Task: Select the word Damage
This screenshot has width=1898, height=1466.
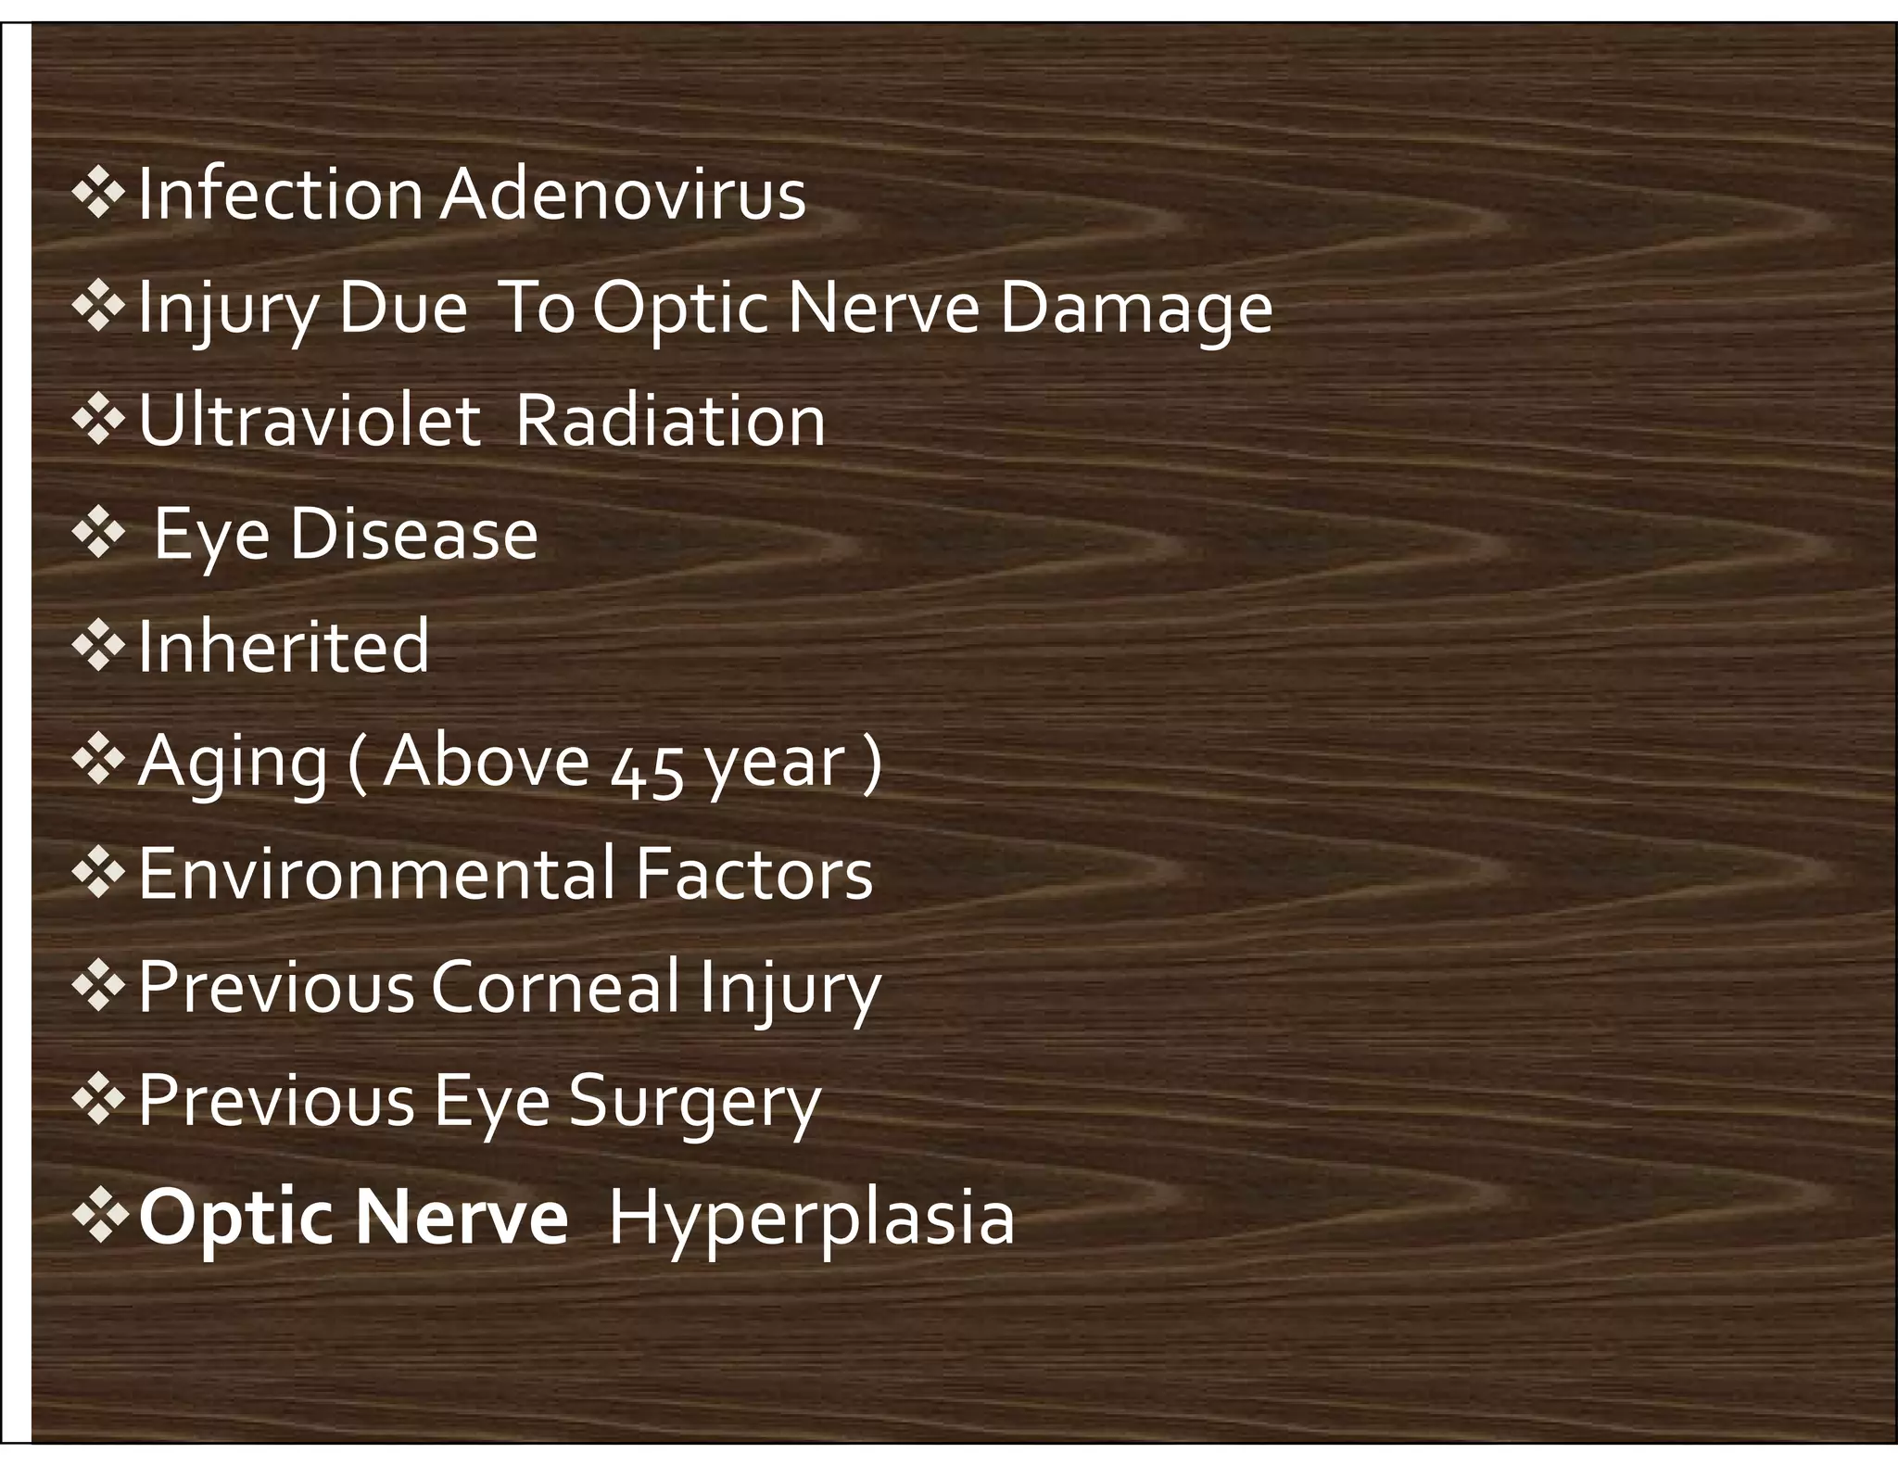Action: click(1135, 309)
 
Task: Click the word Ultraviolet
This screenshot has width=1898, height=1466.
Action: click(310, 422)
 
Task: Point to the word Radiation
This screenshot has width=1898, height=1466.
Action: click(669, 422)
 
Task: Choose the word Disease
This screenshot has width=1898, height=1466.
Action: click(413, 535)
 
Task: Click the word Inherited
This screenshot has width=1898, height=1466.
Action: click(284, 647)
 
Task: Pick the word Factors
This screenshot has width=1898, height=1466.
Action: click(754, 874)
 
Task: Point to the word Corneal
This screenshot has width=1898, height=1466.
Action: click(555, 988)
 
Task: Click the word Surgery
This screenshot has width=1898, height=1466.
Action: click(695, 1103)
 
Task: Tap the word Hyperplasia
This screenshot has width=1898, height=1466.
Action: click(812, 1218)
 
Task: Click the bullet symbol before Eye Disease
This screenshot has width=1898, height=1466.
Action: click(98, 535)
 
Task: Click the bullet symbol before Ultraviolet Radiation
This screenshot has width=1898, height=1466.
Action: click(98, 422)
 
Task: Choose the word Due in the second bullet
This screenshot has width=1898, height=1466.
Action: click(402, 309)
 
